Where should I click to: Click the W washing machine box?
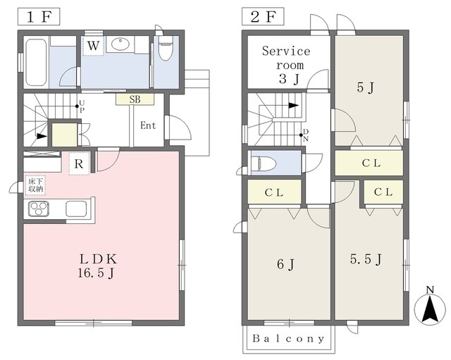[x=93, y=46]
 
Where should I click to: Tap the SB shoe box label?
[x=134, y=99]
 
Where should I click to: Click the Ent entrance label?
[x=148, y=126]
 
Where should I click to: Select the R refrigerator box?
[x=80, y=165]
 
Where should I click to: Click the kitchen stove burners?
[x=39, y=209]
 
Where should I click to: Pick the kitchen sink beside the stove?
[x=75, y=209]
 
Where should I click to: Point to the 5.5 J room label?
[x=366, y=260]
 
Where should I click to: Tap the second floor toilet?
[x=266, y=164]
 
